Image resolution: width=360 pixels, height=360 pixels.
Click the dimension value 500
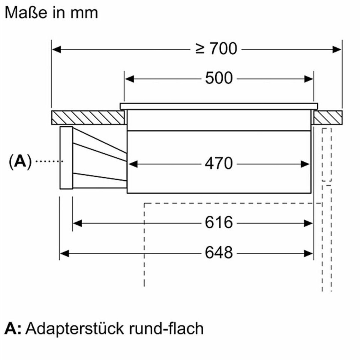(219, 78)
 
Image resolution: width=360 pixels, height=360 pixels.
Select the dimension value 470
(219, 164)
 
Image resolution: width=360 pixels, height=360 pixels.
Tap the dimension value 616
(219, 222)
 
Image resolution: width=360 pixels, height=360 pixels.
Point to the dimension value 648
(219, 253)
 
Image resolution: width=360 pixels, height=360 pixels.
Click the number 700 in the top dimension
(223, 49)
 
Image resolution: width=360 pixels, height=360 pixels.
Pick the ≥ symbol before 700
(200, 49)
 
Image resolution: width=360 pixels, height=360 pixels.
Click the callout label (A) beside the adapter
(20, 162)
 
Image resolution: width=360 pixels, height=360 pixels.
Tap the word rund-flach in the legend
(166, 328)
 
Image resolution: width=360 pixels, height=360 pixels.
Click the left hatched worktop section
(88, 118)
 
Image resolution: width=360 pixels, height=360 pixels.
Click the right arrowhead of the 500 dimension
(309, 79)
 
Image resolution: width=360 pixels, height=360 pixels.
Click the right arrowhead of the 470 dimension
(305, 164)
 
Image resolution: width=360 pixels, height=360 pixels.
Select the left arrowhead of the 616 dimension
(77, 223)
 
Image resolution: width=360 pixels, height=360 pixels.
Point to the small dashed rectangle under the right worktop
(327, 155)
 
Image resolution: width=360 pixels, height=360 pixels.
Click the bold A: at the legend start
(13, 329)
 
